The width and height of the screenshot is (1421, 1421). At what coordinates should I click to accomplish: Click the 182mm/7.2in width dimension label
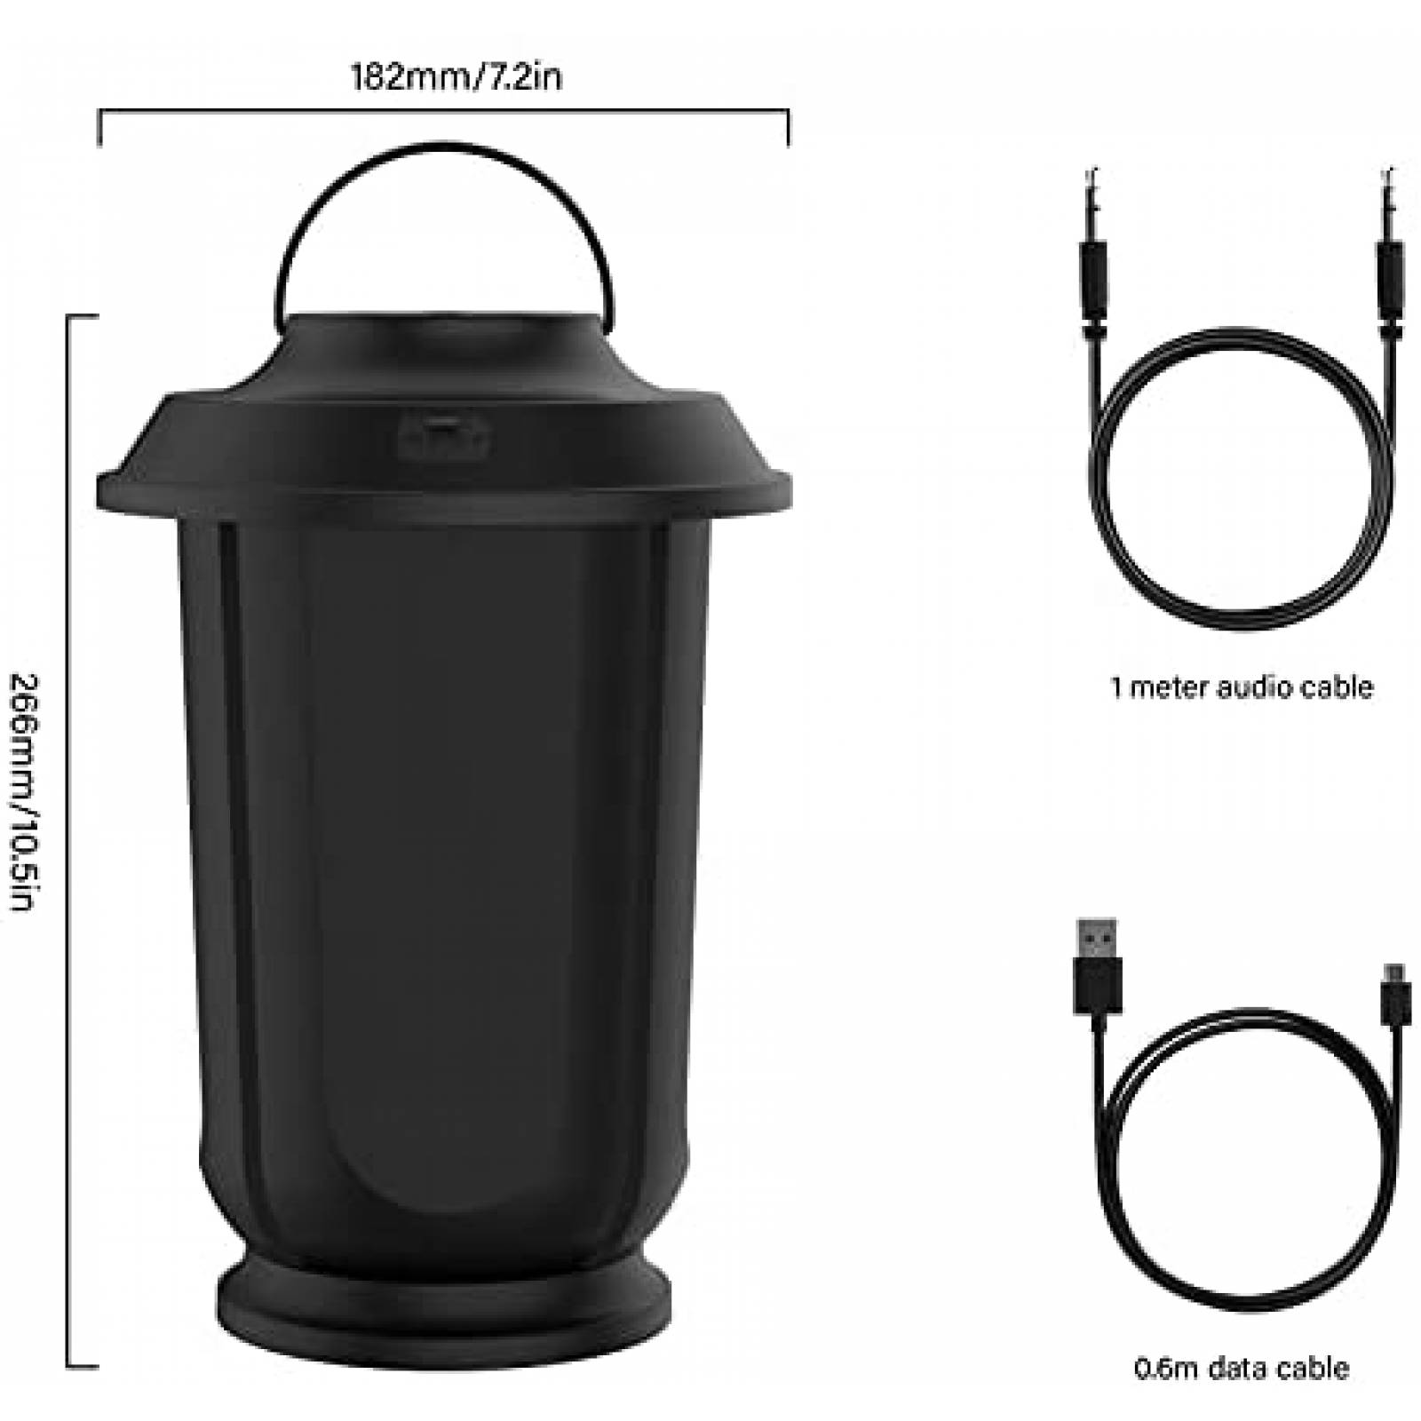[x=456, y=77]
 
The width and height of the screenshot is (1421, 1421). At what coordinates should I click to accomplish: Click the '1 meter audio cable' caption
[x=1242, y=687]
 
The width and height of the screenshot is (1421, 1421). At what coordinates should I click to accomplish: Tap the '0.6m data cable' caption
[x=1242, y=1369]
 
